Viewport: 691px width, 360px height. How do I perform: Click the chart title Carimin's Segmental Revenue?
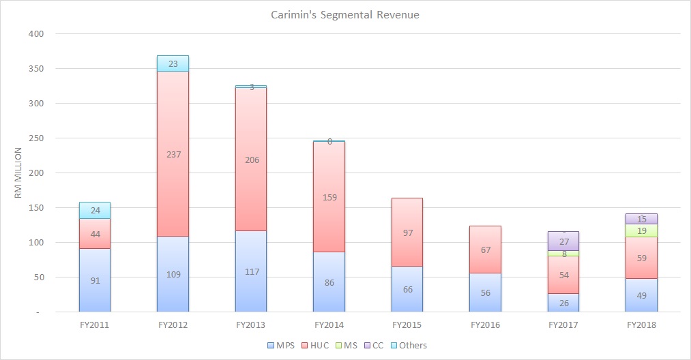345,14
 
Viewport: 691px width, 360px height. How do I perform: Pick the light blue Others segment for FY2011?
95,210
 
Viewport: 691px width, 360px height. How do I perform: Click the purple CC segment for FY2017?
563,241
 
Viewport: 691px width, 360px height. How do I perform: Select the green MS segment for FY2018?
642,230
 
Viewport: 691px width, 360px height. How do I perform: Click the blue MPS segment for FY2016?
486,292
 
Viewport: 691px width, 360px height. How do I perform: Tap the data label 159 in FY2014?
329,198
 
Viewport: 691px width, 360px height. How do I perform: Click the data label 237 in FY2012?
173,154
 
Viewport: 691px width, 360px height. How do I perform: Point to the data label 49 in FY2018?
642,295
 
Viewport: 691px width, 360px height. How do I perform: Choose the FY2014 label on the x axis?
329,325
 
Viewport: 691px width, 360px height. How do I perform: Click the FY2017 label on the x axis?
563,325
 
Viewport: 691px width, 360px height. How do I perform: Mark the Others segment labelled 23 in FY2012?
173,63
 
